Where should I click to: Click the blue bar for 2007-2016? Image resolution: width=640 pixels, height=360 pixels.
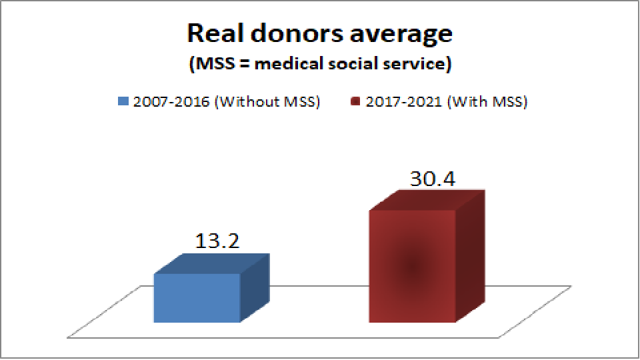click(x=197, y=298)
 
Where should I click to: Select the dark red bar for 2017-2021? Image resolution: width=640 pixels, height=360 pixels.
click(x=412, y=267)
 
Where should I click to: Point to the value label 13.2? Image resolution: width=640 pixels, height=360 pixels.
click(x=217, y=241)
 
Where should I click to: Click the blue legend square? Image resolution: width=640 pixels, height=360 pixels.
click(x=122, y=102)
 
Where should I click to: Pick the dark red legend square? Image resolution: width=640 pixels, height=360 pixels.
click(x=353, y=102)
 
